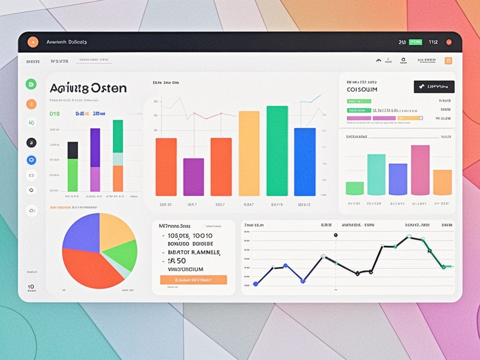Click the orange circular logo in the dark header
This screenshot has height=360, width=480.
coord(33,42)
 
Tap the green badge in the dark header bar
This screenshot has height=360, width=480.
coord(415,42)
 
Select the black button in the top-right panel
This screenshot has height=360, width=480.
coord(434,87)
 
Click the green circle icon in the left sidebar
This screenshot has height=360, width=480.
coord(31,84)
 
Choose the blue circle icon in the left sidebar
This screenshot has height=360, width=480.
coord(31,160)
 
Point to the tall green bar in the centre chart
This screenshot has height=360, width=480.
coord(277,150)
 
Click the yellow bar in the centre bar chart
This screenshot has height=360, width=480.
coord(249,153)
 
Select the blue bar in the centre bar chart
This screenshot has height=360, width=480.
coord(305,162)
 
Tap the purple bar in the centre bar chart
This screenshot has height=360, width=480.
coord(193,177)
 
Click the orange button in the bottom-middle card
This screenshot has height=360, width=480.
coord(193,280)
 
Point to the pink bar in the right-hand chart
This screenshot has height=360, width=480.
coord(420,170)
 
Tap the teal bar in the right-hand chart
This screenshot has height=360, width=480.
coord(376,174)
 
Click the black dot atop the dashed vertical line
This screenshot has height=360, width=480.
coord(336,235)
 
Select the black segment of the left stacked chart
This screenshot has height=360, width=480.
coord(73,150)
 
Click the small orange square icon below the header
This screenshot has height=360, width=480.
coord(448,60)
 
